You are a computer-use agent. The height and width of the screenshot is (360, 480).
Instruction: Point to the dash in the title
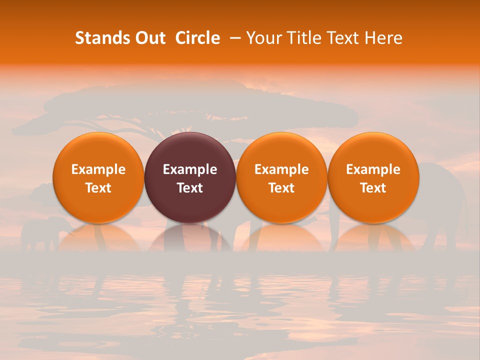[233, 38]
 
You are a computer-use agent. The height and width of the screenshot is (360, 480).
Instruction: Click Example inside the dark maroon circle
[190, 169]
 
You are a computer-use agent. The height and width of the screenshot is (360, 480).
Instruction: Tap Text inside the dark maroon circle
[190, 188]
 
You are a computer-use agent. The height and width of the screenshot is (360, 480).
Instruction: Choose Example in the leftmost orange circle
[98, 169]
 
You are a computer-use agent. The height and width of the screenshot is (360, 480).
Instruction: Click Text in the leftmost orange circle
[98, 188]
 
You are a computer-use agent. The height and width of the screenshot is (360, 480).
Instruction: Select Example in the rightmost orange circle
[373, 169]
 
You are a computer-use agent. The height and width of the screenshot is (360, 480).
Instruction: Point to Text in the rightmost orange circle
[373, 188]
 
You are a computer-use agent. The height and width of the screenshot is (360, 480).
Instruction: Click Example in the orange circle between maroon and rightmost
[281, 169]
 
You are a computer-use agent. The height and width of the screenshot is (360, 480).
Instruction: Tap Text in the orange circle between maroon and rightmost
[281, 188]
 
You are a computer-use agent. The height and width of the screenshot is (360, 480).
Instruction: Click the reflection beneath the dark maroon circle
[190, 237]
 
